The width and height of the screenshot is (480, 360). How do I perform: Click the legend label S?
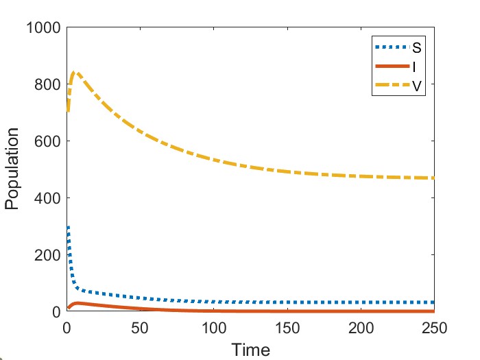[x=416, y=49]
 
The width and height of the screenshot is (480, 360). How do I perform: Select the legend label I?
[x=416, y=67]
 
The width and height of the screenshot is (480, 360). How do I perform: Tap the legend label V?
[x=416, y=86]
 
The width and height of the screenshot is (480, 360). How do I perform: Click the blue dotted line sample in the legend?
[x=392, y=48]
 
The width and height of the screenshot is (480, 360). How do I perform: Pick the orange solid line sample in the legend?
[x=392, y=67]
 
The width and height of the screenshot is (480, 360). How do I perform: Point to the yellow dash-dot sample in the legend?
[x=392, y=86]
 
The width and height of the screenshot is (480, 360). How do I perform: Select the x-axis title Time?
[x=250, y=350]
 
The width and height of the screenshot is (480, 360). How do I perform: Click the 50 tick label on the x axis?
[x=140, y=326]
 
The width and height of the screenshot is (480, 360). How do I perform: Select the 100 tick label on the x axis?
[x=214, y=326]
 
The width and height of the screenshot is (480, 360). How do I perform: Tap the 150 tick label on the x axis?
[x=287, y=326]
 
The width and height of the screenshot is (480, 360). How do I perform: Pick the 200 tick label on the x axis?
[x=361, y=326]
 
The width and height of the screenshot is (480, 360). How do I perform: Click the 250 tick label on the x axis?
[x=434, y=326]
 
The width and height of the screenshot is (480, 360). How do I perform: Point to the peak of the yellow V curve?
[x=75, y=72]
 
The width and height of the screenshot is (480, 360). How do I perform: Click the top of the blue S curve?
[x=68, y=227]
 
